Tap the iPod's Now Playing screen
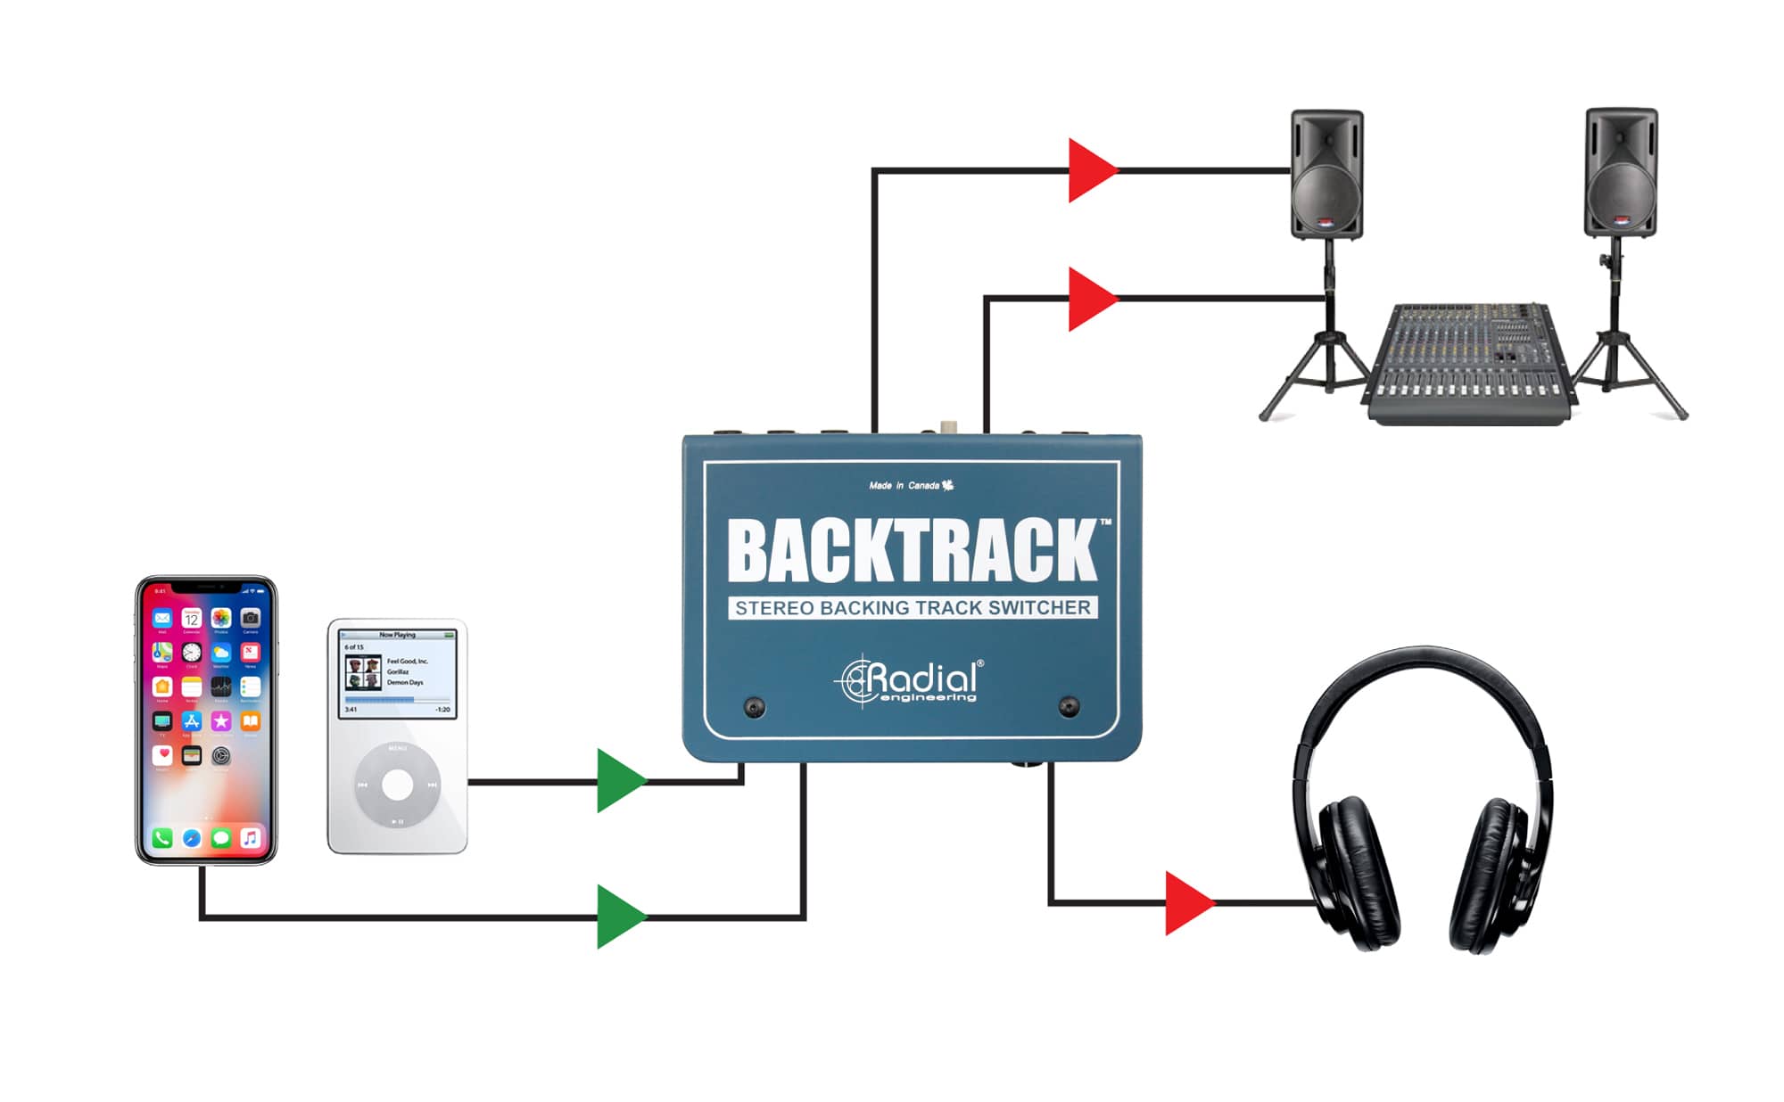pyautogui.click(x=398, y=673)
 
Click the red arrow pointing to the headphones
pyautogui.click(x=1188, y=903)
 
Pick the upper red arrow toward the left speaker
pyautogui.click(x=1091, y=169)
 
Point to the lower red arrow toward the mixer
pyautogui.click(x=1091, y=299)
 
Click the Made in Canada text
pyautogui.click(x=904, y=486)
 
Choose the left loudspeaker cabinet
pyautogui.click(x=1326, y=174)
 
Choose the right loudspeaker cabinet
pyautogui.click(x=1620, y=172)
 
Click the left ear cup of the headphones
pyautogui.click(x=1358, y=874)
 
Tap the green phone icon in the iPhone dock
pyautogui.click(x=162, y=838)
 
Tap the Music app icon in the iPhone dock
pyautogui.click(x=251, y=838)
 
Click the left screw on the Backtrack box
pyautogui.click(x=755, y=708)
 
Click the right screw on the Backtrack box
pyautogui.click(x=1069, y=708)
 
